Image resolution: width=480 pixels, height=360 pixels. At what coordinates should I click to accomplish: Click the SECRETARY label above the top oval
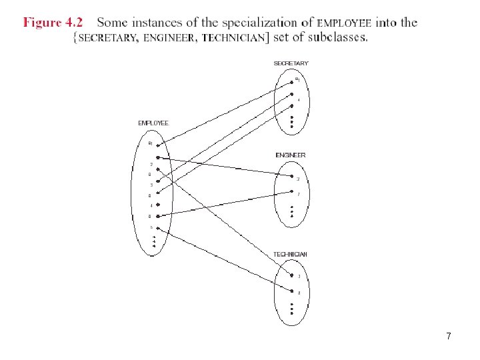[x=291, y=63]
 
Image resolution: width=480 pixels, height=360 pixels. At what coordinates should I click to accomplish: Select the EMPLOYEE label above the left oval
[x=153, y=123]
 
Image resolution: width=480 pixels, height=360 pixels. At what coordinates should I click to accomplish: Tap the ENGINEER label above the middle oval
[x=291, y=155]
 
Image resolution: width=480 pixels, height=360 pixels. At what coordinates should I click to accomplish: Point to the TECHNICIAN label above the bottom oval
[x=291, y=255]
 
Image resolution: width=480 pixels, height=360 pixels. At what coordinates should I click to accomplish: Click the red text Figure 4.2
[x=53, y=22]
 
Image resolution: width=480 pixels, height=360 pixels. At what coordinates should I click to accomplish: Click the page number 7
[x=449, y=337]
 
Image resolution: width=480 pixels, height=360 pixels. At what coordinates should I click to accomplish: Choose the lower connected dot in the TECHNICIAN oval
[x=291, y=291]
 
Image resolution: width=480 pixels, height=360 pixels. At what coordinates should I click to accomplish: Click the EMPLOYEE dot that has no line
[x=157, y=205]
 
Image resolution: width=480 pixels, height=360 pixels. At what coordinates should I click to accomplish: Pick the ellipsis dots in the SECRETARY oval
[x=291, y=121]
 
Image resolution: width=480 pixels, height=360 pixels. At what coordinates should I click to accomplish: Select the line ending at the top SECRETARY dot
[x=227, y=112]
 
